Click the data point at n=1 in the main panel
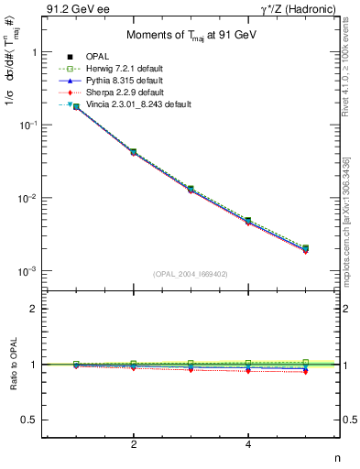[76, 106]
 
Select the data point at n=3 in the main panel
[191, 189]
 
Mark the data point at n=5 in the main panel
[305, 248]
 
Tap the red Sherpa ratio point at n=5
[305, 372]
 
